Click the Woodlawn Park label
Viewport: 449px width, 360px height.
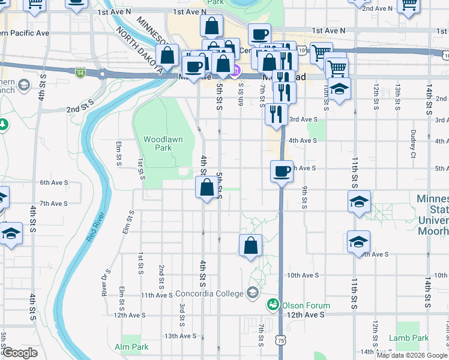[x=158, y=143]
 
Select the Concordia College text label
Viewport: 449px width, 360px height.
[x=209, y=293]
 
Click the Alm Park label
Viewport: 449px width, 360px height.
[x=131, y=347]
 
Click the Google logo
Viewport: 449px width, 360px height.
[x=19, y=353]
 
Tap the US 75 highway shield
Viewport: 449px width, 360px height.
[x=280, y=340]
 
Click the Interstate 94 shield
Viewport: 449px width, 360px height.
[x=80, y=73]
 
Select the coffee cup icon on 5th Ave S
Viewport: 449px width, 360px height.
[x=282, y=172]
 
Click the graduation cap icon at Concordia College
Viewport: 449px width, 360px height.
[x=253, y=293]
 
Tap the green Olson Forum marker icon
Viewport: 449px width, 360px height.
[x=273, y=304]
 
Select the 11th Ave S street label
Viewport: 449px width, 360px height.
[x=157, y=295]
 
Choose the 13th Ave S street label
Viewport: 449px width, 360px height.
[x=179, y=336]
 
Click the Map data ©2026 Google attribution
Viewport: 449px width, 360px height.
[x=412, y=355]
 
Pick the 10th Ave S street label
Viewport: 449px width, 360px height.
[x=302, y=275]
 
